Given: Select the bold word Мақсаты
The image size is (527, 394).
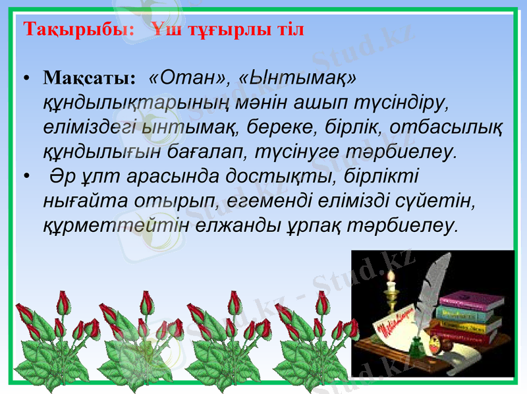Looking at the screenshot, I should coord(89,80).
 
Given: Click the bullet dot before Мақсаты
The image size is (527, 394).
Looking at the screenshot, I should coord(26,80).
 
